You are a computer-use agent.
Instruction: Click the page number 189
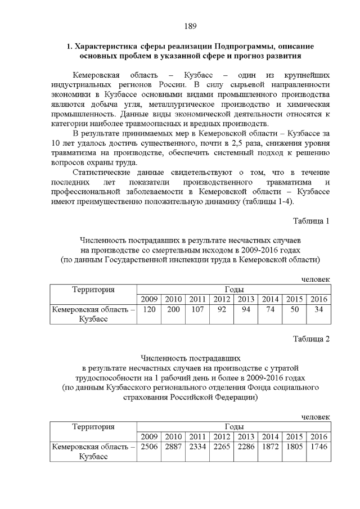tap(190, 26)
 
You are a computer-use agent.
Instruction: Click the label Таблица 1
tap(311, 220)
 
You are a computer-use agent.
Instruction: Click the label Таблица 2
tap(311, 339)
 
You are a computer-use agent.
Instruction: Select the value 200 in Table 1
tap(173, 309)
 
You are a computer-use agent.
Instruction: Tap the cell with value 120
tap(149, 309)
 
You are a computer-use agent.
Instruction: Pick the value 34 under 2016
tap(318, 309)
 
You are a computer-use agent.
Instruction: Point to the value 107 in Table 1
tap(197, 309)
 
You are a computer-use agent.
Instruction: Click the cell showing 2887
tap(173, 447)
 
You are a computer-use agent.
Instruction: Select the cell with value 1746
tap(318, 447)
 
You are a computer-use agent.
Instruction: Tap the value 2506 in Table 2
tap(149, 447)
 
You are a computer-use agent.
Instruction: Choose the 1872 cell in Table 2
tap(270, 447)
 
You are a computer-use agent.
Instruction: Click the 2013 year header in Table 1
tap(246, 299)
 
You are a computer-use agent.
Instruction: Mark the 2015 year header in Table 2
tap(294, 436)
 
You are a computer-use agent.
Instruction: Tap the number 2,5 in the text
tap(239, 143)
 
